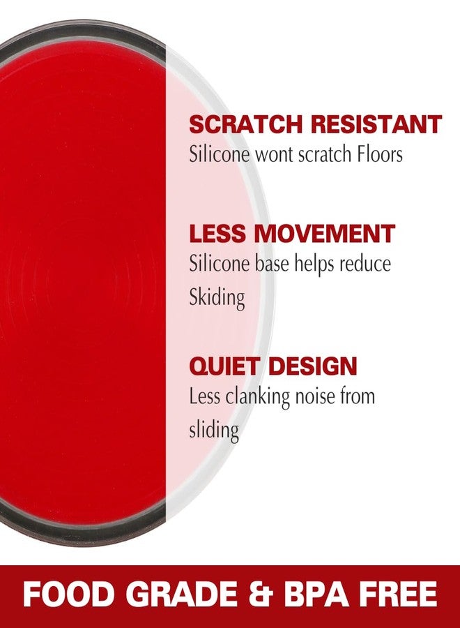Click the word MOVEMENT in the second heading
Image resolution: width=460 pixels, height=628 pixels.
click(x=324, y=234)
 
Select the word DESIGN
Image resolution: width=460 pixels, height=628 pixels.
click(x=312, y=366)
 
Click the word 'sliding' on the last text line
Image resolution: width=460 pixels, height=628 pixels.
click(x=214, y=431)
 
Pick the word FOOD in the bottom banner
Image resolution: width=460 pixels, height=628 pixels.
click(x=66, y=594)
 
